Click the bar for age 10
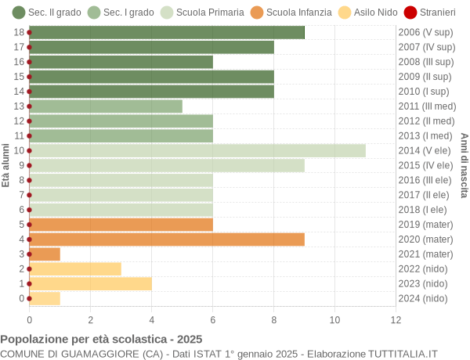tap(197, 150)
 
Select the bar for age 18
tap(167, 32)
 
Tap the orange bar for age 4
tap(167, 239)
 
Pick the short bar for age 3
tap(45, 254)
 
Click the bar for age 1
tap(91, 283)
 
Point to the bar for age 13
tap(106, 106)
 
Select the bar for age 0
tap(45, 298)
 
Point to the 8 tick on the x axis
tap(273, 319)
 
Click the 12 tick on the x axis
tap(396, 319)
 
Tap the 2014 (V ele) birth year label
tap(425, 150)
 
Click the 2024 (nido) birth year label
tap(423, 298)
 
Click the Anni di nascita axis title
tap(464, 165)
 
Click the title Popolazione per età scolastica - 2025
tap(101, 340)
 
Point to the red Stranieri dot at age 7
tap(30, 195)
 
